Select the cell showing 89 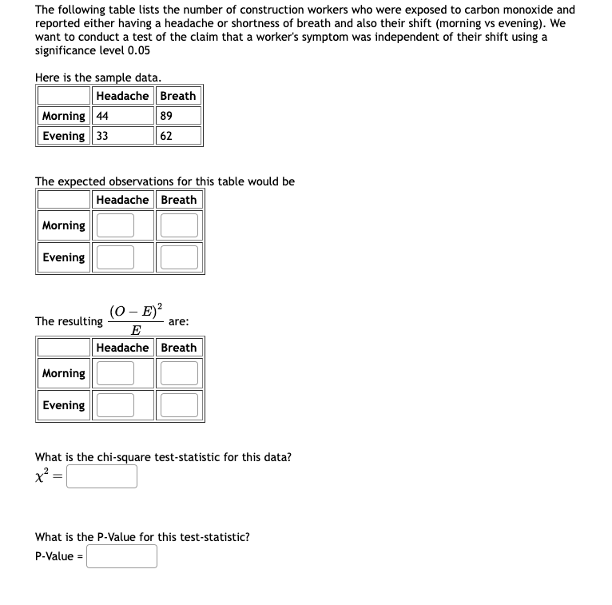178,116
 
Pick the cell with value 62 178,136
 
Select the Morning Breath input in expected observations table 179,225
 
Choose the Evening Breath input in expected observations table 179,257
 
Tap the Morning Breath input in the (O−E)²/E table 179,373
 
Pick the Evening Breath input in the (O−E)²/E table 179,405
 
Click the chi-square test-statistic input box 101,476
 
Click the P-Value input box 121,556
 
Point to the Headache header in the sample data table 122,96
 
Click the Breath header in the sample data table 178,96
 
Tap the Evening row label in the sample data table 64,136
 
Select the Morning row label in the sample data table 64,116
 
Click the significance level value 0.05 137,50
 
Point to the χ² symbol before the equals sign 42,476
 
